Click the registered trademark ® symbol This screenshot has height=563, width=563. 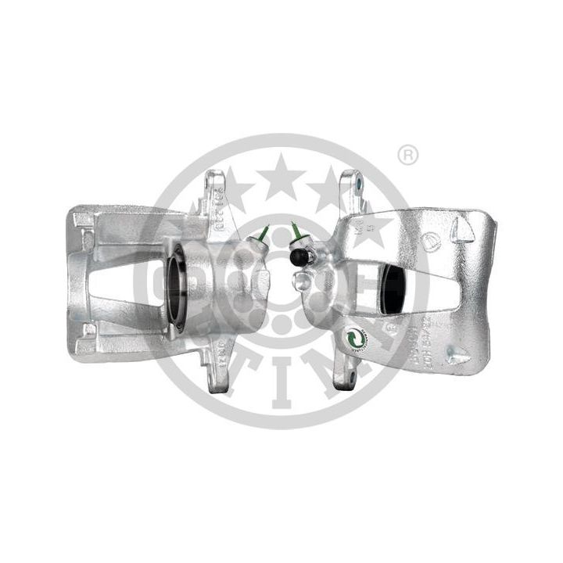click(407, 156)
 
